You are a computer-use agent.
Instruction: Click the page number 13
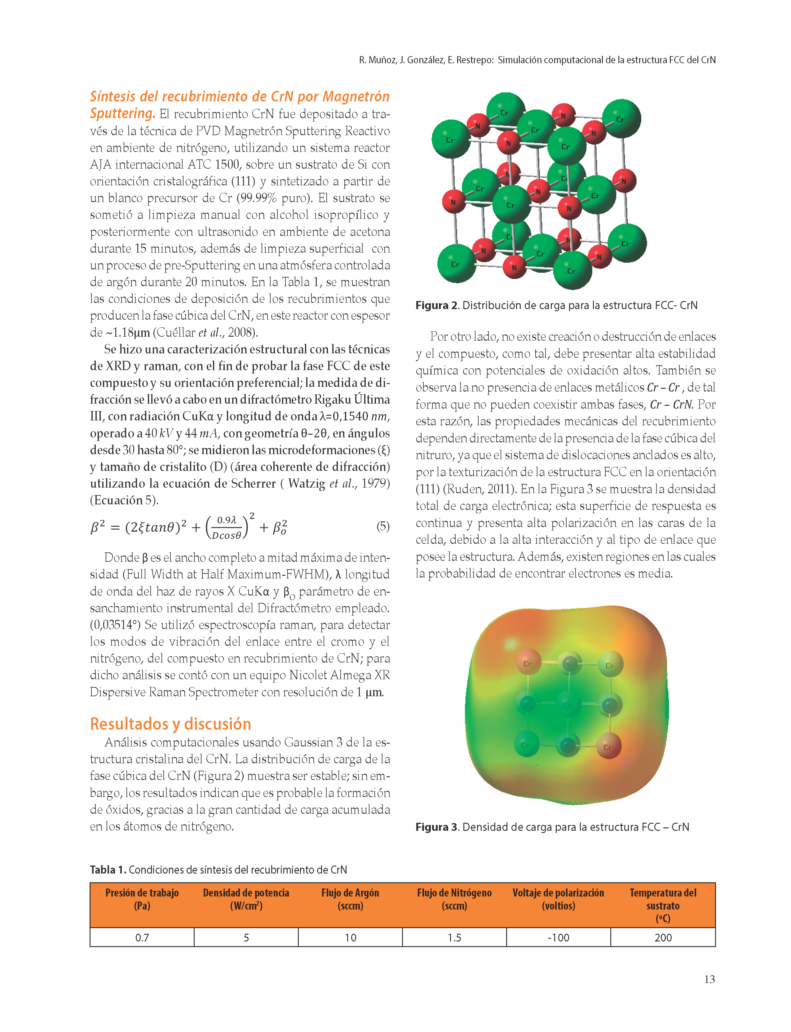[x=709, y=979]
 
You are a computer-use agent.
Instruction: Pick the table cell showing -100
[x=559, y=937]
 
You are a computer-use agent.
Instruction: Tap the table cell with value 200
[x=663, y=937]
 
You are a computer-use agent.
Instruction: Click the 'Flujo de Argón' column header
[x=350, y=899]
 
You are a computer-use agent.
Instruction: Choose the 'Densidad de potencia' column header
[x=246, y=899]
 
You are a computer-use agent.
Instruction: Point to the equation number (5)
[x=383, y=526]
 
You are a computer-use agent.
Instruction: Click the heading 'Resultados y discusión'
[x=170, y=724]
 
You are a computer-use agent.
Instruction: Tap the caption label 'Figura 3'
[x=436, y=827]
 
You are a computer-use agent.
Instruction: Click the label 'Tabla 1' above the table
[x=108, y=870]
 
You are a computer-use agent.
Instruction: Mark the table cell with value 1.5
[x=454, y=937]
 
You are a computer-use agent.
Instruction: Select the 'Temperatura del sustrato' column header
[x=663, y=905]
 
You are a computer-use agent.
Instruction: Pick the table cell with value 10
[x=350, y=937]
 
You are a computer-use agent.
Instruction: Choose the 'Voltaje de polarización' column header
[x=559, y=899]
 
